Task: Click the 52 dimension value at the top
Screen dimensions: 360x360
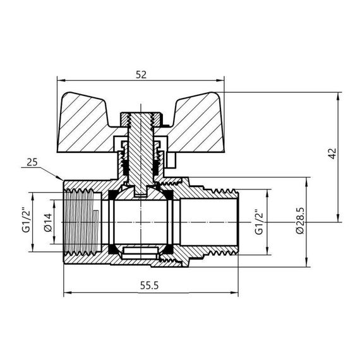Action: [141, 75]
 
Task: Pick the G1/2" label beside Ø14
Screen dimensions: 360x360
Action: [27, 220]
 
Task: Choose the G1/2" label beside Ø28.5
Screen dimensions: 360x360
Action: [258, 222]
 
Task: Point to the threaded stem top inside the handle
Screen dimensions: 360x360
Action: [141, 118]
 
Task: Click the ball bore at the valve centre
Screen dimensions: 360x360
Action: [141, 221]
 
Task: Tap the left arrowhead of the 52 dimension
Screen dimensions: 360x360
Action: [60, 80]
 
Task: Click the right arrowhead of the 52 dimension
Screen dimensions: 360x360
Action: [223, 80]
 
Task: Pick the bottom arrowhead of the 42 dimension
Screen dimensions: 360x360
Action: [341, 220]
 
